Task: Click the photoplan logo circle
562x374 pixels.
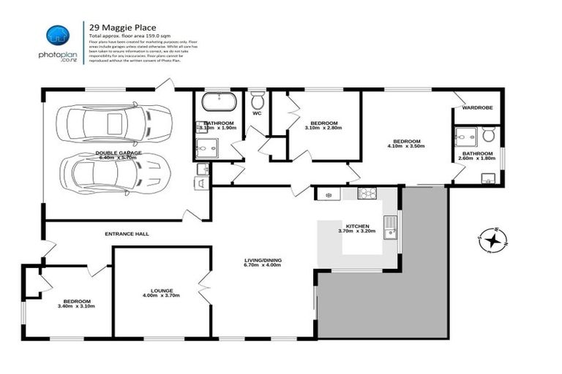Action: pyautogui.click(x=57, y=34)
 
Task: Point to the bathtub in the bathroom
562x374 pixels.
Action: pyautogui.click(x=217, y=102)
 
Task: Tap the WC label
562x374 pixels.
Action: pyautogui.click(x=257, y=114)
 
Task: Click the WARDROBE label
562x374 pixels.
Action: pyautogui.click(x=476, y=108)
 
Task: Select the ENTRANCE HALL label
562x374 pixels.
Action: pyautogui.click(x=127, y=234)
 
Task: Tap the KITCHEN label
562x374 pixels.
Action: pyautogui.click(x=357, y=226)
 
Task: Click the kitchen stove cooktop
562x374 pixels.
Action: pyautogui.click(x=366, y=194)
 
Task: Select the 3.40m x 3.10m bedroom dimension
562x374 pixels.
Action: pyautogui.click(x=75, y=307)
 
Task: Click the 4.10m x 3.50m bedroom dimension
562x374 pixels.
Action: pyautogui.click(x=406, y=147)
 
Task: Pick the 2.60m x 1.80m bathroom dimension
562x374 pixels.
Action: pyautogui.click(x=476, y=159)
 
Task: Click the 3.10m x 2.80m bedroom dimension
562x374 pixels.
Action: pyautogui.click(x=323, y=129)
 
